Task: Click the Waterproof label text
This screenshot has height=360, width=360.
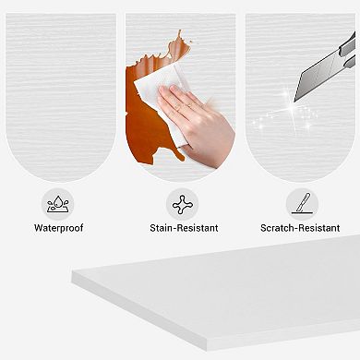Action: click(58, 228)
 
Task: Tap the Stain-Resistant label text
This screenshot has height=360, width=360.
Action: click(184, 228)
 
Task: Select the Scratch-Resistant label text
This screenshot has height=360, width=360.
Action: click(300, 228)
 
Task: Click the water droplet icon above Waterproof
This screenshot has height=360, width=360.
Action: click(58, 204)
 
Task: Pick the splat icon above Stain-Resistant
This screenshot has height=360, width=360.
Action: click(183, 204)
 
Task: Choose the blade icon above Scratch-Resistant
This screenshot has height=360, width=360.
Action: click(302, 204)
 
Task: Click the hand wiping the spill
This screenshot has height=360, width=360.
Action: click(197, 123)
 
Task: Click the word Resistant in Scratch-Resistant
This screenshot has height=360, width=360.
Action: click(319, 228)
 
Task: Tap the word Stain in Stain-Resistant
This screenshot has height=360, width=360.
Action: click(161, 228)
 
